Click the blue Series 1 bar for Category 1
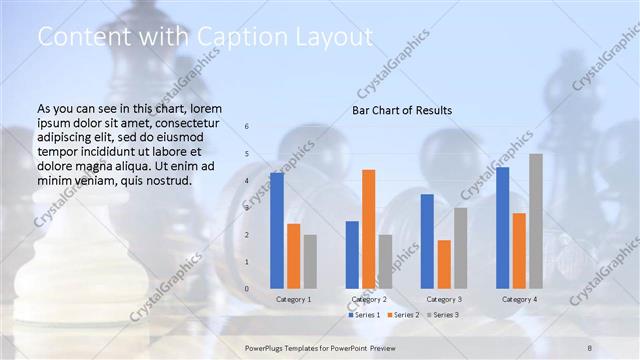pos(277,230)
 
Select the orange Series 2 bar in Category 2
pos(369,229)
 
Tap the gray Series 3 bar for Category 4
pos(536,221)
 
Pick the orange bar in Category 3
pos(444,264)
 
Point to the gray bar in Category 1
pos(310,262)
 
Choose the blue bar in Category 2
pos(352,255)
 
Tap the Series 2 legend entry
pos(404,315)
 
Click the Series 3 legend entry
pos(444,315)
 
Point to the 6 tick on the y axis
pos(247,126)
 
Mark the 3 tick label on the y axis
pos(247,207)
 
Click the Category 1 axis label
pos(293,299)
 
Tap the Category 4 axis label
pos(519,299)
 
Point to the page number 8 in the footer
pos(590,347)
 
